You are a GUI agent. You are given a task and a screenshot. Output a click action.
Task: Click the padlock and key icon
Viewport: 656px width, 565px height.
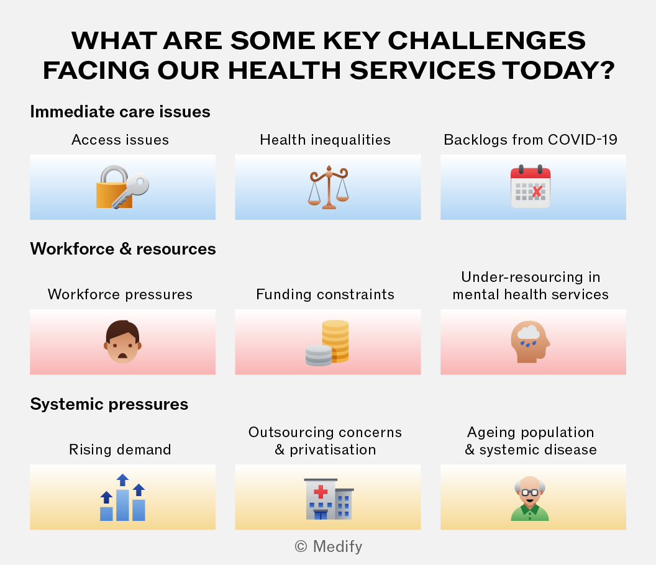pos(122,187)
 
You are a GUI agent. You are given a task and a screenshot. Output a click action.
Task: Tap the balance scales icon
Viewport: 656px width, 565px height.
pos(329,187)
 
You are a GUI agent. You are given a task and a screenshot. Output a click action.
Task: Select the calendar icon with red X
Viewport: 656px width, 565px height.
pos(531,186)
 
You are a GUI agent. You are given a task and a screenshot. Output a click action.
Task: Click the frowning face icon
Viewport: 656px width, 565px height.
pos(122,342)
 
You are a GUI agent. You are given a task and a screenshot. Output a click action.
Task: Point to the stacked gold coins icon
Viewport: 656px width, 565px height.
pos(327,343)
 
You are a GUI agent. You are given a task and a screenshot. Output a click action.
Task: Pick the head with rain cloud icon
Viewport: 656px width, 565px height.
pos(531,341)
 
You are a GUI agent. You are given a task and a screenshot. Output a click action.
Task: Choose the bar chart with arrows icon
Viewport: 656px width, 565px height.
pos(122,497)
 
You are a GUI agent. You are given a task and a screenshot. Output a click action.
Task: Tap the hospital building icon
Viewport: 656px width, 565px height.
pos(329,499)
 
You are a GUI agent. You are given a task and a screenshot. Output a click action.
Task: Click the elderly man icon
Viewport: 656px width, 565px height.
pos(530,498)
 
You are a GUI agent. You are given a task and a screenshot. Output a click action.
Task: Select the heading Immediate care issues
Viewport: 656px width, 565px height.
pos(120,112)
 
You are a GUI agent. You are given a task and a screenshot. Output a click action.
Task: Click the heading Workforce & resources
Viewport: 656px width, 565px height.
pos(123,249)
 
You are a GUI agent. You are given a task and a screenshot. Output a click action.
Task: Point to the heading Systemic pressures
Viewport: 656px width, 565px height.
pos(109,404)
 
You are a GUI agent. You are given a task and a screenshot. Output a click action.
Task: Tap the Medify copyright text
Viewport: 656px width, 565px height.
pos(329,546)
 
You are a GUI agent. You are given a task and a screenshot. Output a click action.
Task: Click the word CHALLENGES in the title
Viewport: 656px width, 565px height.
pos(486,40)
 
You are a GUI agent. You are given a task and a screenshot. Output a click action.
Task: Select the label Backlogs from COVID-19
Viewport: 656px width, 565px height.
pos(531,140)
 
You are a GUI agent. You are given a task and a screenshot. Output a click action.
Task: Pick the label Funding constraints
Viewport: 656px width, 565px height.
pos(325,294)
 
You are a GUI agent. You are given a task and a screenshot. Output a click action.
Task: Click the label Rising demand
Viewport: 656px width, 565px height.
pos(120,450)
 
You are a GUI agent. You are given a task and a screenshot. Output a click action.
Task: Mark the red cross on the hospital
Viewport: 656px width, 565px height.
pos(321,491)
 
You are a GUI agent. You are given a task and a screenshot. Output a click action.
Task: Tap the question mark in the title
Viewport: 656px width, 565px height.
pos(605,70)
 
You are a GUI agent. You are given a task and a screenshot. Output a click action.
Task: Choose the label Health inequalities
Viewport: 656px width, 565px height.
pos(325,140)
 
